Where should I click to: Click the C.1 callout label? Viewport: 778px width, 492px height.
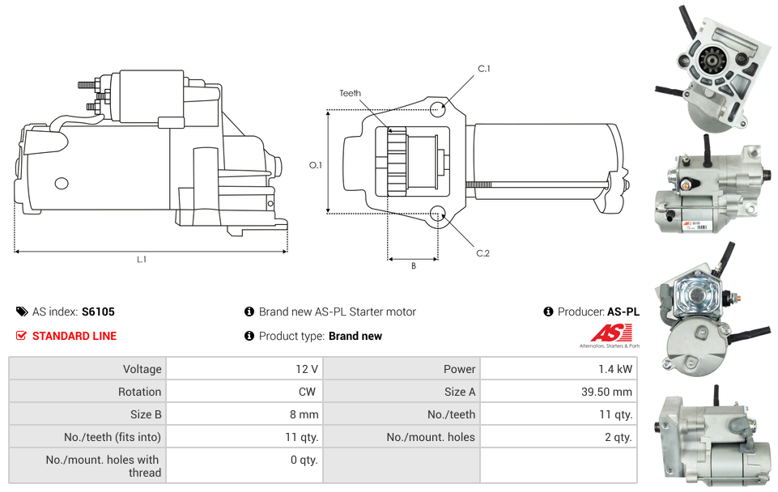pos(484,69)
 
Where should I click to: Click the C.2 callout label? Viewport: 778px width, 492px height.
pos(483,253)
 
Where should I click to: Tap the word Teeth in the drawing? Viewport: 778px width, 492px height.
pos(351,94)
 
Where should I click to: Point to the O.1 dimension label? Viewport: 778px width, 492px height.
pos(316,165)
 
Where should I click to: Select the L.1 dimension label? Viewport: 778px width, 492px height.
pos(142,260)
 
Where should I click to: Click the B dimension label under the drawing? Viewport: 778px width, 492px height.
pos(413,265)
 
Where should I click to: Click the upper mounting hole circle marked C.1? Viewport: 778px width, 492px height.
pos(438,109)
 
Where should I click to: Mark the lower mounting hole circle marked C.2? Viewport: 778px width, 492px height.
pos(438,214)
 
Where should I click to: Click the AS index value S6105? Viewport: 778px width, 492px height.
pos(99,312)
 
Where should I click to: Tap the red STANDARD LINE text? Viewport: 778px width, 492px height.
pos(74,336)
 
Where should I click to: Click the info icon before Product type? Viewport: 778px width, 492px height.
pos(249,336)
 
